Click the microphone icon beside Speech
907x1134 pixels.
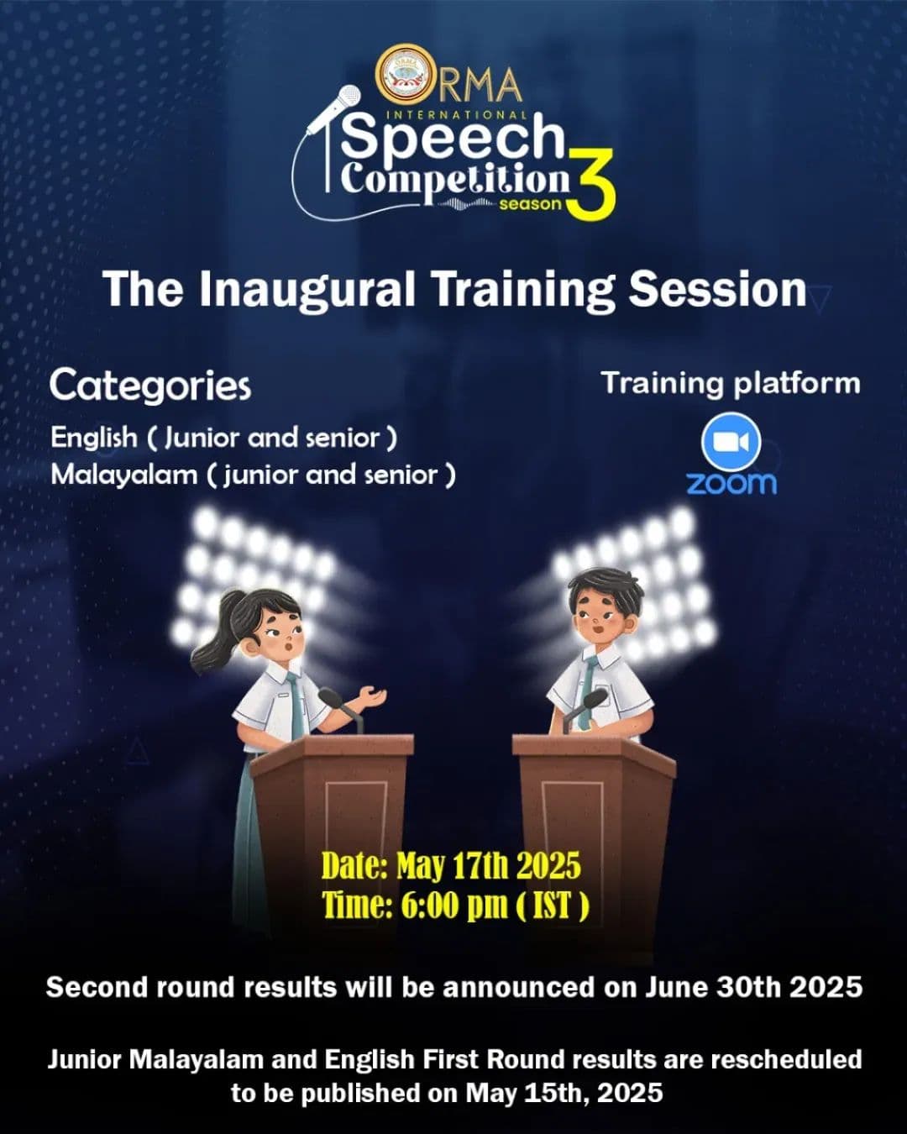point(333,108)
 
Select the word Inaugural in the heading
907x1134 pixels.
point(307,289)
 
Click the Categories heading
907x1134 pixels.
point(150,386)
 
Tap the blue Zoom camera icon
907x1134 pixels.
point(731,442)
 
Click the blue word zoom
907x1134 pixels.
point(731,483)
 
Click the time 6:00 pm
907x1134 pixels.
point(454,907)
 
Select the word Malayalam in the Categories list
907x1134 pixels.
point(123,475)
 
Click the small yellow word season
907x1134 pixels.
point(530,204)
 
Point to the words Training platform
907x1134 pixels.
point(731,384)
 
